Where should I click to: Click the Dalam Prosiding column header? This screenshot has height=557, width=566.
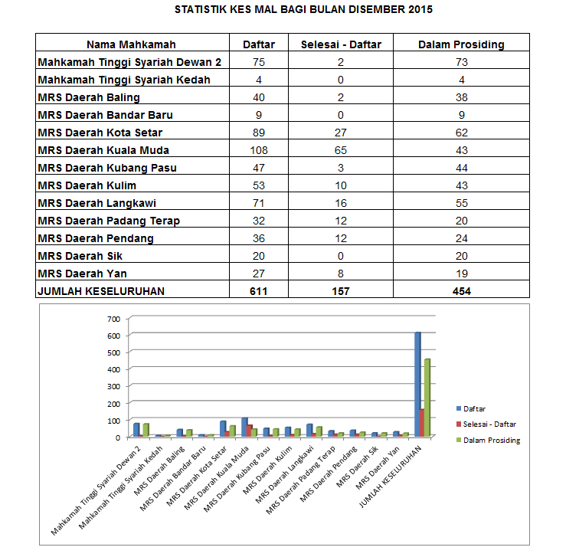461,44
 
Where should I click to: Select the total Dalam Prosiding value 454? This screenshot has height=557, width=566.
461,290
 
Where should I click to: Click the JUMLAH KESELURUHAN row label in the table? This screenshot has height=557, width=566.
101,290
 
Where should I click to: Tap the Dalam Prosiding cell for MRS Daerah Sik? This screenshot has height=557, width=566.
461,255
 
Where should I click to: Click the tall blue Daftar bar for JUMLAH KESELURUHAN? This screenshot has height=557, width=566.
417,384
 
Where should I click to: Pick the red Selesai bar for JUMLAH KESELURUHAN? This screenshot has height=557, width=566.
422,422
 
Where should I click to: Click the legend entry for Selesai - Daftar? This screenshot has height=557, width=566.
489,424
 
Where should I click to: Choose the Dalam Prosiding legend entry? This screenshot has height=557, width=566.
492,440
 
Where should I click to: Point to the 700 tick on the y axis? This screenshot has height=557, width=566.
114,319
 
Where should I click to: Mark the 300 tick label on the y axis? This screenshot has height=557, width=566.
114,386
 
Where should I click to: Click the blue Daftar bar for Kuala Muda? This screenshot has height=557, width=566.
244,427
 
